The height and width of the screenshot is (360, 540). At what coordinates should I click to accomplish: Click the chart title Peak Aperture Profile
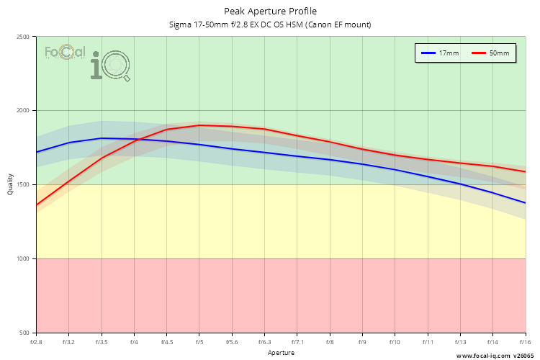tap(270, 12)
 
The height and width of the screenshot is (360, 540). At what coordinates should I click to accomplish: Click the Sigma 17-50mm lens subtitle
tap(270, 25)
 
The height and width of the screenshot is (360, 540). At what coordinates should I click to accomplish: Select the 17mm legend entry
tap(440, 53)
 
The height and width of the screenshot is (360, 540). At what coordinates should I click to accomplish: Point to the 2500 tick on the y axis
tap(22, 37)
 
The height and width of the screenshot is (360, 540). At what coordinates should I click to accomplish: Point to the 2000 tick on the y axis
tap(22, 111)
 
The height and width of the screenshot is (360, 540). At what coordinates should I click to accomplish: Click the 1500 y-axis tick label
tap(22, 185)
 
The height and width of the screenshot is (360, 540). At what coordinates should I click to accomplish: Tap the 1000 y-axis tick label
tap(22, 258)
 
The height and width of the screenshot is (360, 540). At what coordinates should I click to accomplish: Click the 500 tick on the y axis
tap(24, 333)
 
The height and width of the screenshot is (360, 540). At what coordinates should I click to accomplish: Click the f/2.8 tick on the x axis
tap(36, 341)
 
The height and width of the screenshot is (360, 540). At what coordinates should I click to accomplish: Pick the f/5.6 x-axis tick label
tap(232, 341)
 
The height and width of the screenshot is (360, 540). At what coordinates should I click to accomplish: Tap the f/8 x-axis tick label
tap(330, 341)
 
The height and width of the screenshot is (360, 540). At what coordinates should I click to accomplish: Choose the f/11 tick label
tap(428, 341)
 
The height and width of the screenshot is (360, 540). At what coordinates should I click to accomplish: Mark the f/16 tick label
tap(525, 341)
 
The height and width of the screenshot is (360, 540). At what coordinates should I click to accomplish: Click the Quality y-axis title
tap(10, 185)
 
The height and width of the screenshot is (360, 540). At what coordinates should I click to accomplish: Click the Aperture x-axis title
tap(281, 353)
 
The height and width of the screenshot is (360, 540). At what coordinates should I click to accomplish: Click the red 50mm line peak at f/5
tap(199, 125)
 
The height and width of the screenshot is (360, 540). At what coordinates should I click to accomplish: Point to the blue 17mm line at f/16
tap(525, 203)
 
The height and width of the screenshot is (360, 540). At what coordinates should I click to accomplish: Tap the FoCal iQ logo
tap(86, 62)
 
